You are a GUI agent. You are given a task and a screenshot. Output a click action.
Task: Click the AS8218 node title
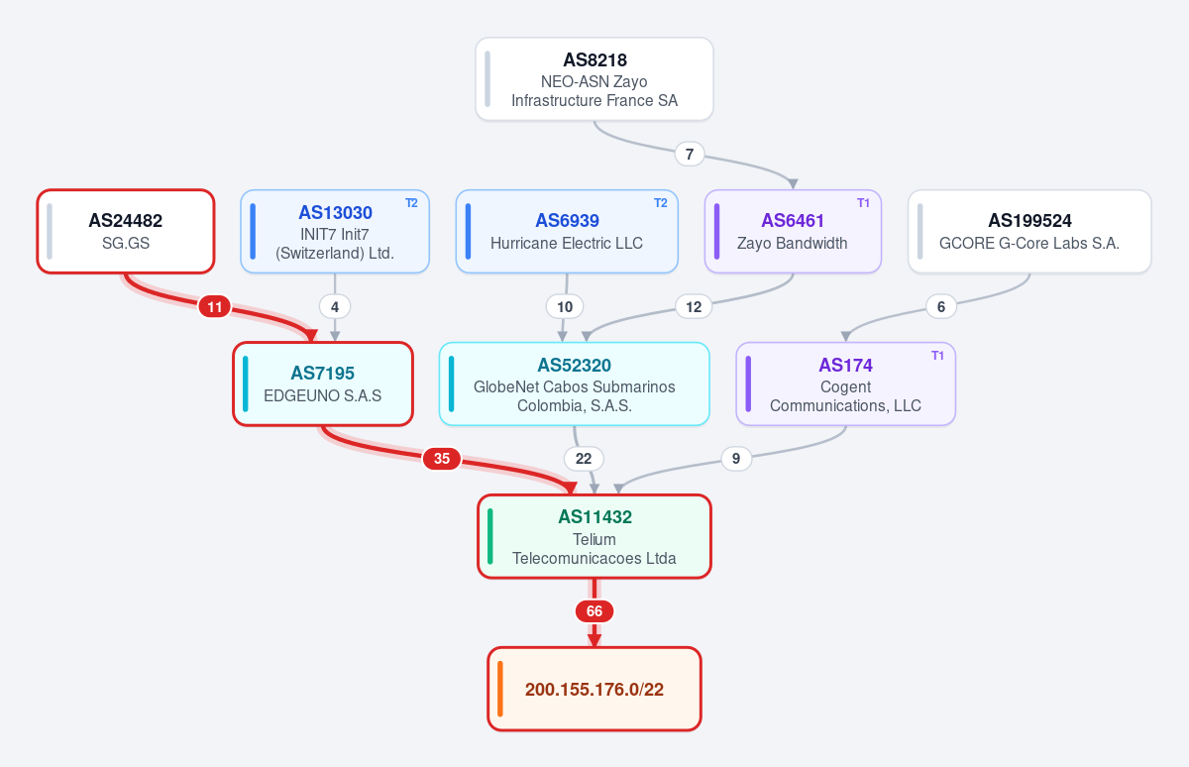point(594,60)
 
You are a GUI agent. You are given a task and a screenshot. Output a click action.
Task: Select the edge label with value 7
point(690,154)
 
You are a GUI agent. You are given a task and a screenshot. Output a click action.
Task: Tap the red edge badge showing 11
point(214,307)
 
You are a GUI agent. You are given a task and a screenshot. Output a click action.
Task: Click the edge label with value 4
point(335,307)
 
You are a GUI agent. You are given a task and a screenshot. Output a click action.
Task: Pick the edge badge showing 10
point(565,307)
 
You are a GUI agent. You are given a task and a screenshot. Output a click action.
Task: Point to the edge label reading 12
point(694,307)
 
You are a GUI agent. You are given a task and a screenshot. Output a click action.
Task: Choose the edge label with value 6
point(941,307)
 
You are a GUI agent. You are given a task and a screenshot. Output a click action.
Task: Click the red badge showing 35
point(442,459)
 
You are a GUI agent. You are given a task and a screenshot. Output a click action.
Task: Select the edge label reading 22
point(584,459)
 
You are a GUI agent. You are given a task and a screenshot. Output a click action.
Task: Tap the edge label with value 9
point(736,459)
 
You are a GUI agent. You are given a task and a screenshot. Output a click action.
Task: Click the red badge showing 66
point(594,611)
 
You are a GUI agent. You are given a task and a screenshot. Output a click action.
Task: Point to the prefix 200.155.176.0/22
point(594,689)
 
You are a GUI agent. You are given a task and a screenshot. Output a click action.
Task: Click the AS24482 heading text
point(125,220)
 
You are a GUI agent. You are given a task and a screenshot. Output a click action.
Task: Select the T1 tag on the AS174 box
point(937,356)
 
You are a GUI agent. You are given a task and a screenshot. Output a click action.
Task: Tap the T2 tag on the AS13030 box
point(411,203)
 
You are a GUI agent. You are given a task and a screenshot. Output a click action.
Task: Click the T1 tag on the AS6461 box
point(863,203)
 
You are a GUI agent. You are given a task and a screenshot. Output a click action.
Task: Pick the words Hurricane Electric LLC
point(567,243)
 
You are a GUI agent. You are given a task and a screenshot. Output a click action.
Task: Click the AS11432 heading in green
point(594,516)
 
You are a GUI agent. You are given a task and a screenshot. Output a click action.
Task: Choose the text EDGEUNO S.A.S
point(323,395)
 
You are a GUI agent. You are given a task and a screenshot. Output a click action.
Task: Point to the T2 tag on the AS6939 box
point(660,203)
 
